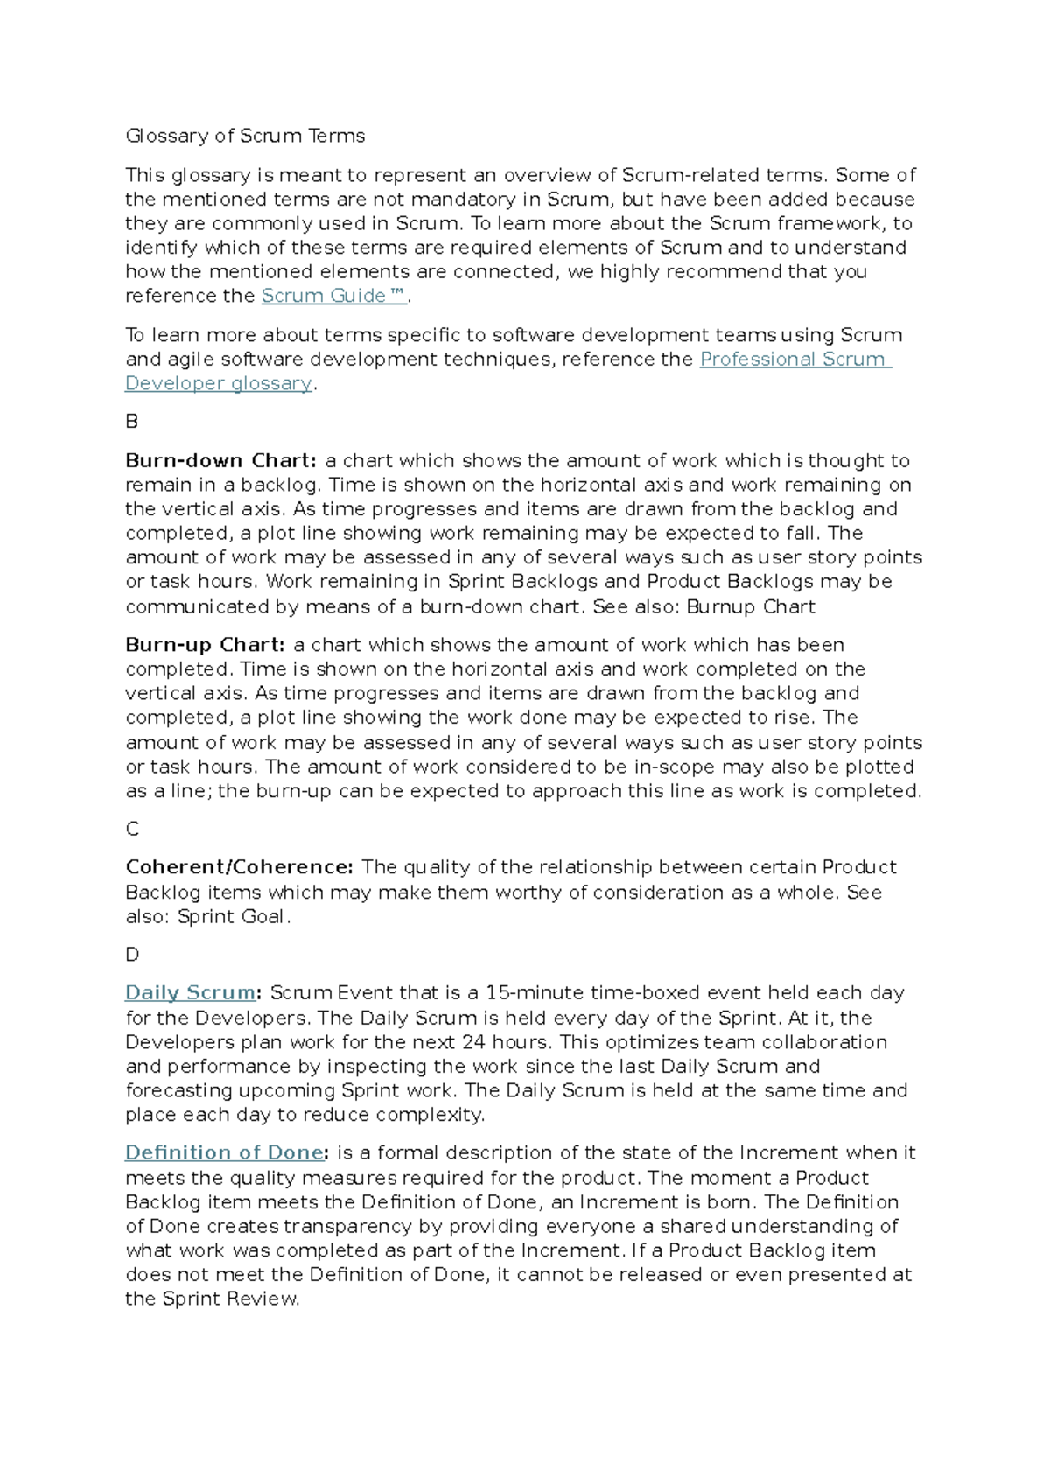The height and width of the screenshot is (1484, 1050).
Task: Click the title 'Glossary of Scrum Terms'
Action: point(245,136)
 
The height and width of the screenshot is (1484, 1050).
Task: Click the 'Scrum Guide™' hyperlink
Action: point(333,296)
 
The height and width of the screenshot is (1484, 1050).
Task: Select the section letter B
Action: point(132,422)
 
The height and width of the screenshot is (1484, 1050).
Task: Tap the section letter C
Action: point(132,829)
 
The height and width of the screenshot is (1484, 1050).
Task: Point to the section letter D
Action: point(132,955)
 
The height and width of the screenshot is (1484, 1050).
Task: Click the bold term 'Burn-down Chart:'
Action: point(220,461)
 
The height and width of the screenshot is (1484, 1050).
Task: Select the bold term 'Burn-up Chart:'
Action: point(205,645)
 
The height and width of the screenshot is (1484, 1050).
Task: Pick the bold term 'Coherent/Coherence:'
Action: point(239,867)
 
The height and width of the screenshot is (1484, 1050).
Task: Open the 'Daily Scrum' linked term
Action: point(190,993)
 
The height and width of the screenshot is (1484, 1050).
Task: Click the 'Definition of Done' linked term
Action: point(224,1153)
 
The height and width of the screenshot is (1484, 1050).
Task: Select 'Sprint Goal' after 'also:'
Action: point(231,917)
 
